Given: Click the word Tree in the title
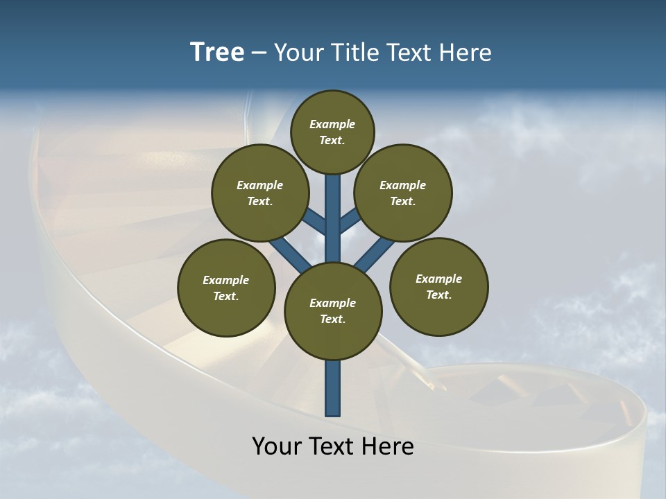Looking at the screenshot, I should click(217, 52).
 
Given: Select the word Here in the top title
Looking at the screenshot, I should click(466, 52).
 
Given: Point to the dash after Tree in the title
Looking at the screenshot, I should click(259, 53).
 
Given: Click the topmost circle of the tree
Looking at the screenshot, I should click(332, 132).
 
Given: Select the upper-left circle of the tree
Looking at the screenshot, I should click(260, 193).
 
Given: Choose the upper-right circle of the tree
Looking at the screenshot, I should click(403, 193).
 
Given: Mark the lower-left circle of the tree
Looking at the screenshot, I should click(226, 288).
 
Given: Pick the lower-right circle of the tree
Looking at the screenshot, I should click(438, 286).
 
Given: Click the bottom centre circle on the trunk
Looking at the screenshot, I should click(333, 311).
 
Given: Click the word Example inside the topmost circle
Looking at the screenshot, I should click(332, 125).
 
